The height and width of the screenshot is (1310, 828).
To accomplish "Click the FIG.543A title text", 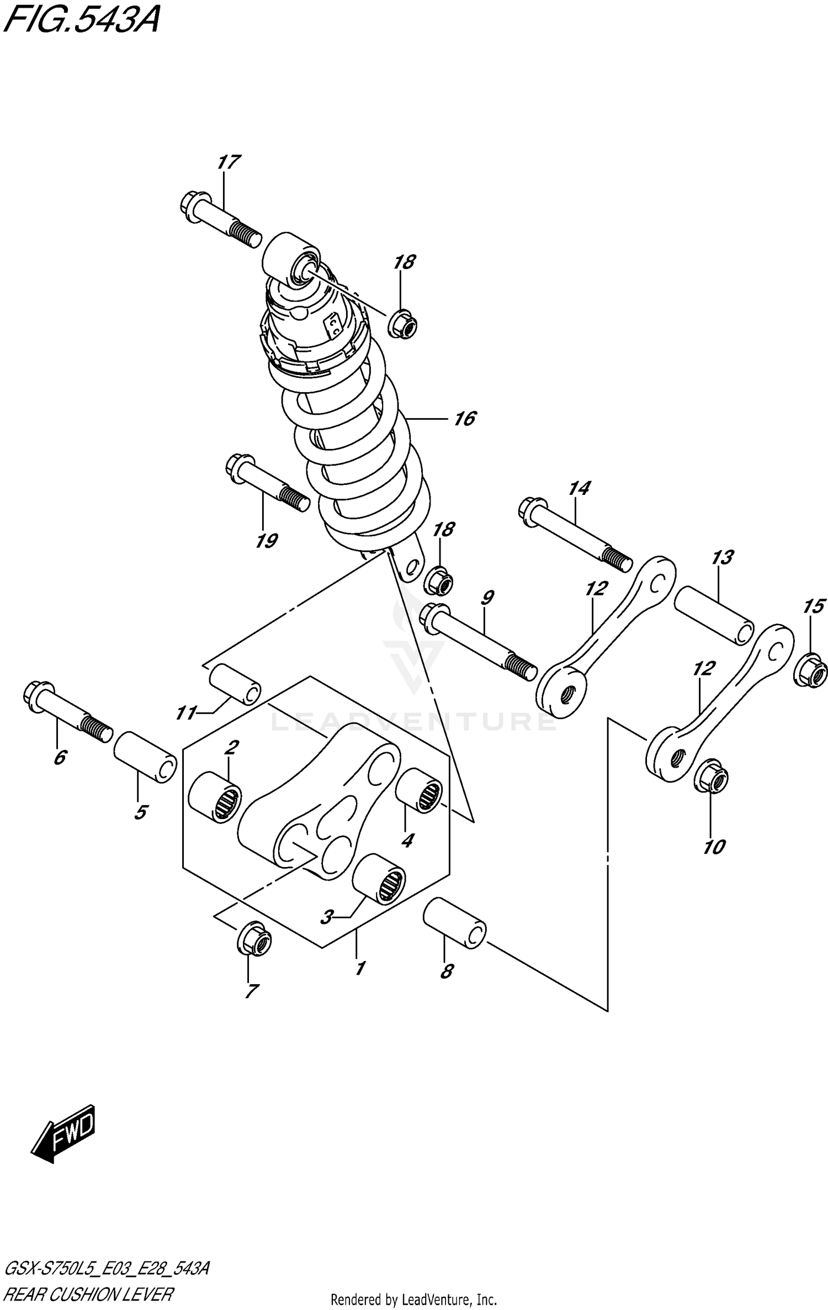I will coord(82,22).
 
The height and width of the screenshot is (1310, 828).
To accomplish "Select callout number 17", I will coord(228,162).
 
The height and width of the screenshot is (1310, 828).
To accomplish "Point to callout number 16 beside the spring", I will coord(465,419).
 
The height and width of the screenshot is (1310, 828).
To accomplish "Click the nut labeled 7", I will coord(254,939).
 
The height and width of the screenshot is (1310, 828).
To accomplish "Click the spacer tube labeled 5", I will coord(145,757).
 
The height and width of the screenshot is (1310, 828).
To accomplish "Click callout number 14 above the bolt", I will coord(579,488).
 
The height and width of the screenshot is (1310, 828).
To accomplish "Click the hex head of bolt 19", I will coord(240,466).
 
